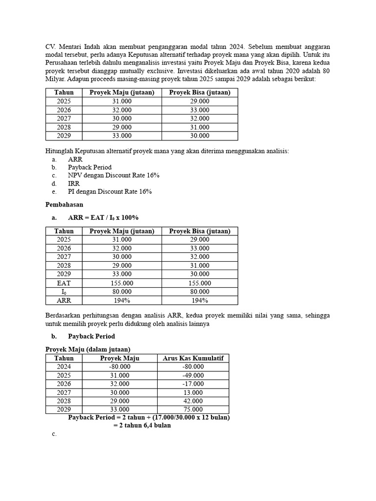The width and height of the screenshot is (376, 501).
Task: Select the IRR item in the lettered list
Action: (x=73, y=183)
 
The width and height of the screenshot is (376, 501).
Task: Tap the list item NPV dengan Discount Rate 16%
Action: (x=114, y=175)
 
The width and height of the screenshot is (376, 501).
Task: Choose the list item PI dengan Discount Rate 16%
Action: (x=110, y=191)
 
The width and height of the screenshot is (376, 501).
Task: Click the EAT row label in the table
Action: (x=64, y=283)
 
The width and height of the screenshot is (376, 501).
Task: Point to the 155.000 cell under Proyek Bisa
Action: (x=200, y=283)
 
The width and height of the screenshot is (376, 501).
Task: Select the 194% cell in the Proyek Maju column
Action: (x=122, y=300)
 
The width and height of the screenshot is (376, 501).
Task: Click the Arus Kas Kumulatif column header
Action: (x=193, y=358)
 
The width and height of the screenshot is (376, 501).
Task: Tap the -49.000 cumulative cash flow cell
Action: (x=193, y=375)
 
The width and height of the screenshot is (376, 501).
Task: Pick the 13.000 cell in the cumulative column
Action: (x=193, y=392)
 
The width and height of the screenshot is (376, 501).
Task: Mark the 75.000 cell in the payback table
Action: (x=193, y=410)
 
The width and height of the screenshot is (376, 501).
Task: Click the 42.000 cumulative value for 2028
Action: (x=193, y=401)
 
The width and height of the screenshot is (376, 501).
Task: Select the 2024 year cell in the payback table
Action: (x=64, y=366)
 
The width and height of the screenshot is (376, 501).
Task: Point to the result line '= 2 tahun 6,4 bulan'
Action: (x=142, y=425)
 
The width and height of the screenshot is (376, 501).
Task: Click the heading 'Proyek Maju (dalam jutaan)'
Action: (x=88, y=349)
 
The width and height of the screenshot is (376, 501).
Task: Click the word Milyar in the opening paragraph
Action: (x=55, y=78)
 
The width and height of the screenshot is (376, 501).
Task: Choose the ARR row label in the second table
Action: (x=64, y=300)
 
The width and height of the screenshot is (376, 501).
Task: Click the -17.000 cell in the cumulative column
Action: (x=193, y=384)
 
